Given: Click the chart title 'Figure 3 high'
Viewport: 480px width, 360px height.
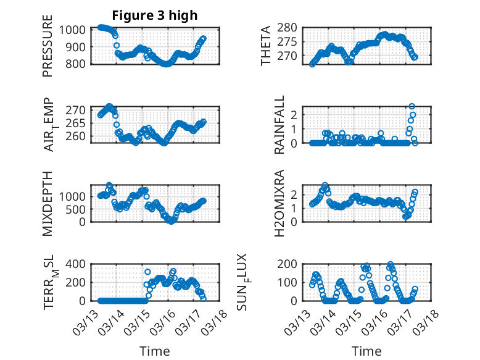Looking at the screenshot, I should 155,15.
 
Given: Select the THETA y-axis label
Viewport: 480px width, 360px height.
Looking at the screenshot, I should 266,46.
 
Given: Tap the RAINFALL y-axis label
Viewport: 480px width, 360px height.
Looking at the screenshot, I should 279,125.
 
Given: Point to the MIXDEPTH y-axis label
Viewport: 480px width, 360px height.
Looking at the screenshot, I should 48,203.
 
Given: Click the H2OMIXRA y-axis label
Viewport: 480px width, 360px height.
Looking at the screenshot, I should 279,203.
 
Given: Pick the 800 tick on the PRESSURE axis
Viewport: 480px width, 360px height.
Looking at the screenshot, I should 79,64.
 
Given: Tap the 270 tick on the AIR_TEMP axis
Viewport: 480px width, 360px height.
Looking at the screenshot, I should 79,110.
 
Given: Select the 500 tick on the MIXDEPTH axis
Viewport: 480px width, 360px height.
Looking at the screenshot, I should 79,209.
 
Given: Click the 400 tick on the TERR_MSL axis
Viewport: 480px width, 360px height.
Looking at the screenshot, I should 79,264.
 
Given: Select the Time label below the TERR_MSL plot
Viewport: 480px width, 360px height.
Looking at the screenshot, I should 155,351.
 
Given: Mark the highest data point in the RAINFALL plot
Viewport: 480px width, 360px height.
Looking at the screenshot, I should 412,106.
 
